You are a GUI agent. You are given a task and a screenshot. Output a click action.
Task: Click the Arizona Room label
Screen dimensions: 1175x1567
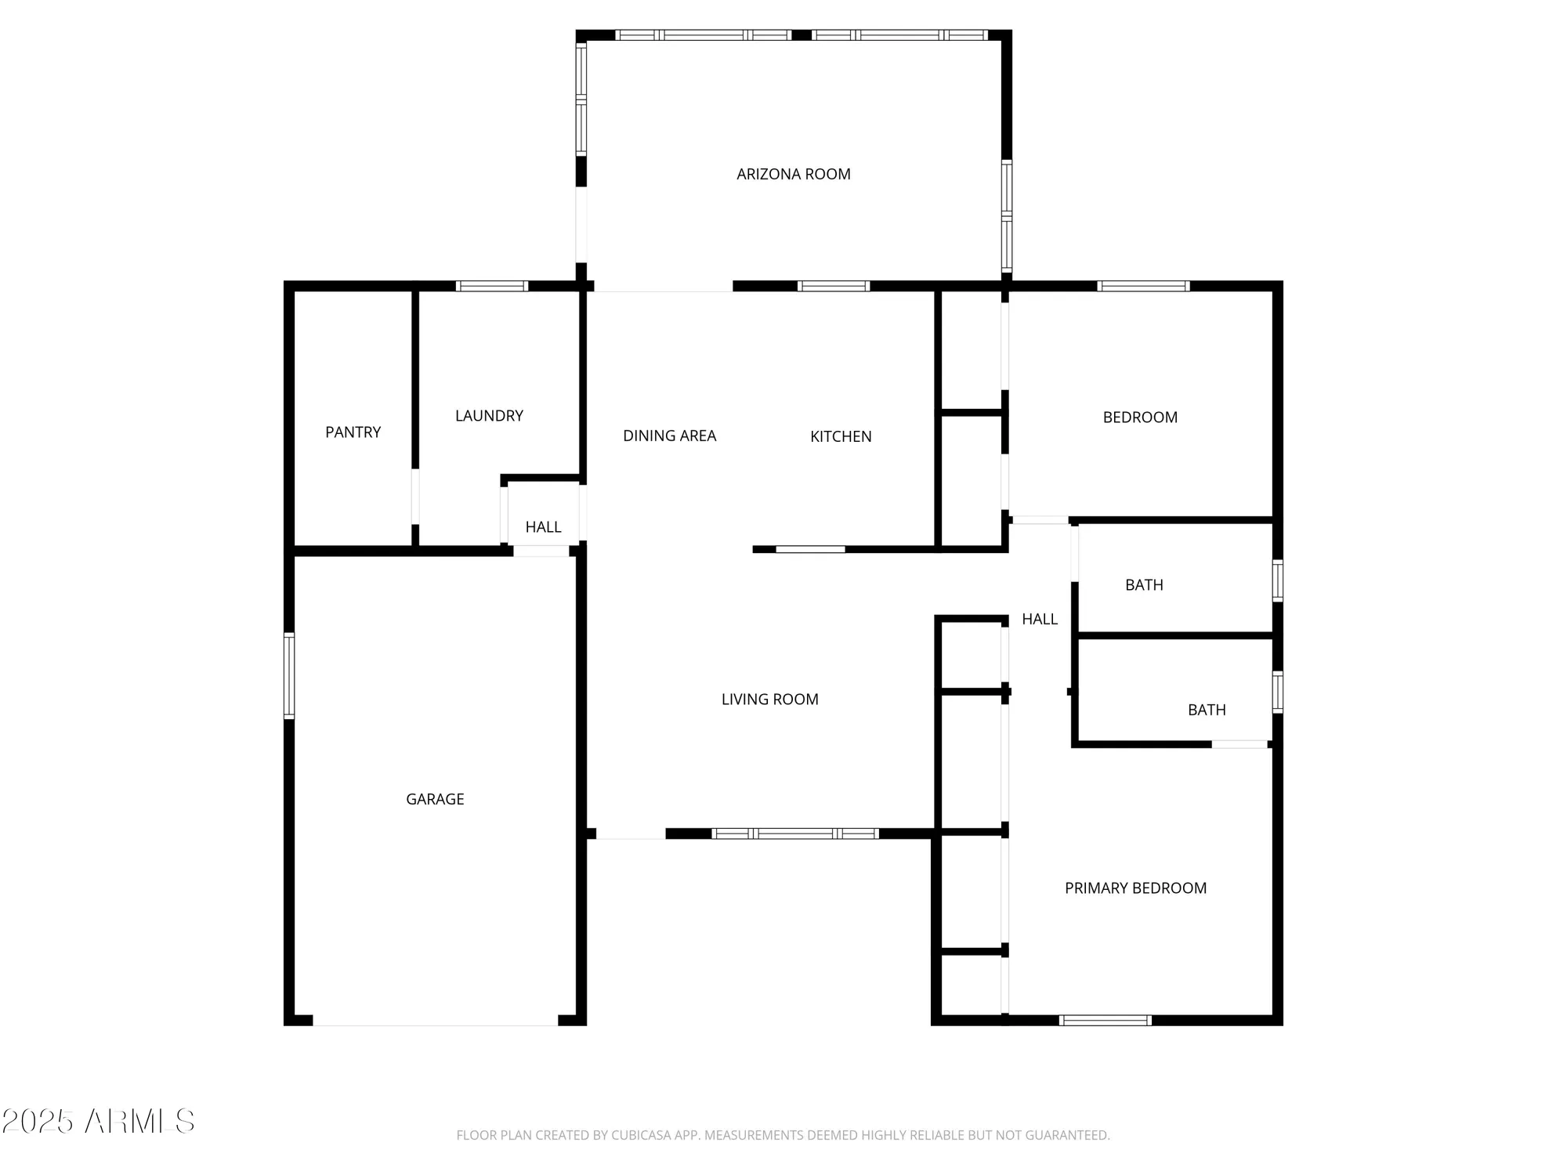point(793,174)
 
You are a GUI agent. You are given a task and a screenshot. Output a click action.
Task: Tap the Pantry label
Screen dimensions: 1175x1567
point(353,432)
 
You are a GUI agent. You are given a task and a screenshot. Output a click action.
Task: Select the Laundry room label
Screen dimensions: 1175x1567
point(489,416)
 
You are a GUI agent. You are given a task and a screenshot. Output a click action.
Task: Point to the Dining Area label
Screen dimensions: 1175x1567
point(669,436)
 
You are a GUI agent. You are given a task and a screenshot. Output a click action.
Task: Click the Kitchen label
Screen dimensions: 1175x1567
point(841,436)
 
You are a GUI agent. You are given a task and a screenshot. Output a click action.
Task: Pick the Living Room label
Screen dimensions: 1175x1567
point(769,700)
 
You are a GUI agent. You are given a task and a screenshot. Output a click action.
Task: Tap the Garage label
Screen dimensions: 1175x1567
point(435,799)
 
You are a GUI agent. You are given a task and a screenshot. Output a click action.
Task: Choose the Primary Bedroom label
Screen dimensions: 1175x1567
point(1135,888)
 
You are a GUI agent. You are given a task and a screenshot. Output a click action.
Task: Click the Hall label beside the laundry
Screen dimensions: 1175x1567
point(543,527)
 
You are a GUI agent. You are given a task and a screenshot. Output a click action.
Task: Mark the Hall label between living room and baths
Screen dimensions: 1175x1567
point(1040,620)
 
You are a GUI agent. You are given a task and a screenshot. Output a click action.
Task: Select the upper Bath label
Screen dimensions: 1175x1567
point(1144,585)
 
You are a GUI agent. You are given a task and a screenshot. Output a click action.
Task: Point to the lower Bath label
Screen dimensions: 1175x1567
point(1207,710)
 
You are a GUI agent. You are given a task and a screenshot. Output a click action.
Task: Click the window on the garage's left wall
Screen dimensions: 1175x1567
point(289,675)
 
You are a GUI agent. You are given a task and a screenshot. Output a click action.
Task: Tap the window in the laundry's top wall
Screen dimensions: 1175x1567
point(492,286)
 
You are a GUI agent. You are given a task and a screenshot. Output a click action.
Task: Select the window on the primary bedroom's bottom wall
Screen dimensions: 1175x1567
point(1105,1020)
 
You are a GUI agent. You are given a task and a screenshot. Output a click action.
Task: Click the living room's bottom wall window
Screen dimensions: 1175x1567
point(795,833)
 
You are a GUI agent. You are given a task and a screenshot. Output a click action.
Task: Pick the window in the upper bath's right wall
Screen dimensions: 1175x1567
point(1277,580)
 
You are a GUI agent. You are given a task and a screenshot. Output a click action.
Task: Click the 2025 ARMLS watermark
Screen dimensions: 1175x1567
point(98,1122)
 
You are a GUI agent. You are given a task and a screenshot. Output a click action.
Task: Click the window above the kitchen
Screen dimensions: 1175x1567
point(834,286)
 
